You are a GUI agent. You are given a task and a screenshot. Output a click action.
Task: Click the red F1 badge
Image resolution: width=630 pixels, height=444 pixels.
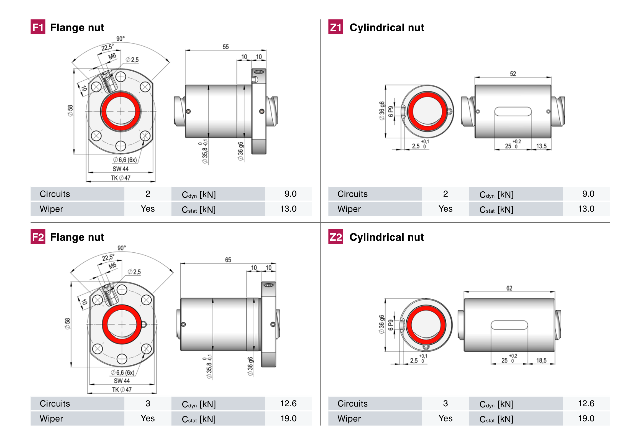tap(38, 27)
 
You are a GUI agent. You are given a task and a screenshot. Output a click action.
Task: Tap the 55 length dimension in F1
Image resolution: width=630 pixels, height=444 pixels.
tap(226, 47)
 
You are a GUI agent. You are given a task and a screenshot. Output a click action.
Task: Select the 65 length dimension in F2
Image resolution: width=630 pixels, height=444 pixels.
tap(228, 260)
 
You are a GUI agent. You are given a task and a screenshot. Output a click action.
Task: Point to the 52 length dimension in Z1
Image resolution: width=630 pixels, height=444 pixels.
tap(513, 74)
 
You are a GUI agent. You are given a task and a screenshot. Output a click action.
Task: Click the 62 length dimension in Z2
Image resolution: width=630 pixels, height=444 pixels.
tap(509, 288)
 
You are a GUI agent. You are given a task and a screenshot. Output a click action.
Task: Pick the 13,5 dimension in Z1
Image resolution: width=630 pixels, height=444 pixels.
tap(541, 146)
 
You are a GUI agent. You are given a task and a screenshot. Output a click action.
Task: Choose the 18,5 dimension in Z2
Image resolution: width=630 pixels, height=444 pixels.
tap(541, 361)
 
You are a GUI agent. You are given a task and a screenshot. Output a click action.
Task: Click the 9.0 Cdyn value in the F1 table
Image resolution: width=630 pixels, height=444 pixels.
tap(290, 194)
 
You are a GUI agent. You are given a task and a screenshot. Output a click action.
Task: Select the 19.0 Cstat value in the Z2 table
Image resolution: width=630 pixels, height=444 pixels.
tap(586, 418)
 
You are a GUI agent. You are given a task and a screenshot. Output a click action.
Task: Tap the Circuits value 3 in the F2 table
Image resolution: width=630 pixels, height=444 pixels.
tap(148, 404)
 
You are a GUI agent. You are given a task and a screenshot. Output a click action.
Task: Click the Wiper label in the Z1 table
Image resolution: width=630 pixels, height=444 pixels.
tap(349, 209)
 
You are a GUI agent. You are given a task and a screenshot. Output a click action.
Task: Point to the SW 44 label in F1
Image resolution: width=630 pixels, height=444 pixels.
tap(121, 169)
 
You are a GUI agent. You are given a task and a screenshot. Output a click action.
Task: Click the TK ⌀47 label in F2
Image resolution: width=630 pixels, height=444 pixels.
tap(122, 390)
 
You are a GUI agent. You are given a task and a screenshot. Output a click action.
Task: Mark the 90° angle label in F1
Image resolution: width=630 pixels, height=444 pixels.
tap(121, 39)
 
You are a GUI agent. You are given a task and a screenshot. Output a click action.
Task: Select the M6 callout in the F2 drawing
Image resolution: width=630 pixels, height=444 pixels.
tap(112, 266)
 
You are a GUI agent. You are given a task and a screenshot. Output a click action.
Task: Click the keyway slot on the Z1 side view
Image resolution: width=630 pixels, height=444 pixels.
tap(513, 111)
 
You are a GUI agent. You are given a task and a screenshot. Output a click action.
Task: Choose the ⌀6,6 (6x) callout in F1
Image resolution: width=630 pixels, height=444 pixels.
tap(125, 160)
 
